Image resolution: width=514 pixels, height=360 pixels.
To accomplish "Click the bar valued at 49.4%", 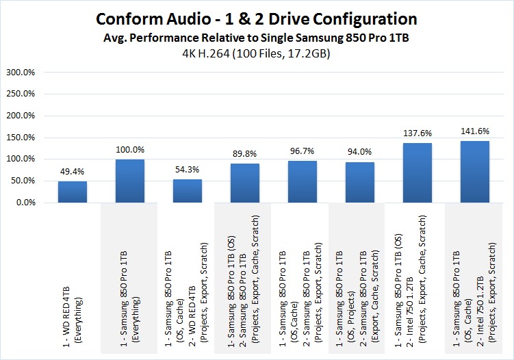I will click(x=72, y=192).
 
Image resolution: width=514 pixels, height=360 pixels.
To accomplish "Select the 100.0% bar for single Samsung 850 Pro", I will click(x=129, y=181).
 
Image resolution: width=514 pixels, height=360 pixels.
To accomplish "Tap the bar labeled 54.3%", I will click(x=187, y=191).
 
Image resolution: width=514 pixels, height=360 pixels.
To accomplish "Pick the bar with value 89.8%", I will click(x=244, y=183).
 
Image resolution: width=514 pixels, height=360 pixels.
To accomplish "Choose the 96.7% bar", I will click(x=302, y=181).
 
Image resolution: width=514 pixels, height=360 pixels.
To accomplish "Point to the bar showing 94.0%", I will click(x=359, y=182).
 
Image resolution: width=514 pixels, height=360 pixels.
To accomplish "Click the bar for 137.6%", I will click(x=417, y=172).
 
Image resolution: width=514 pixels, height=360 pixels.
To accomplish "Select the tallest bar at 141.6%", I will click(x=474, y=172).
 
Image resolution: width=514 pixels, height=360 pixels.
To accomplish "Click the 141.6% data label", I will click(x=474, y=132).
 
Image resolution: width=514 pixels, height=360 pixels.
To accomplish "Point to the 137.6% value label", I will click(x=417, y=134).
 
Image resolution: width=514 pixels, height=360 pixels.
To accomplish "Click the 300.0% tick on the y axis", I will click(x=24, y=72).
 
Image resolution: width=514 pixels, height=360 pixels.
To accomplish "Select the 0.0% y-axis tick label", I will click(x=29, y=203).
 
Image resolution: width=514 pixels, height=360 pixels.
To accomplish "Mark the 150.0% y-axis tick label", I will click(x=24, y=138).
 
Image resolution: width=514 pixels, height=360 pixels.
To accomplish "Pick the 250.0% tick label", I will click(x=24, y=94).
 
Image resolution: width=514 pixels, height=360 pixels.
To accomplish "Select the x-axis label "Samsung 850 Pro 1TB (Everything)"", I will click(x=129, y=300).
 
